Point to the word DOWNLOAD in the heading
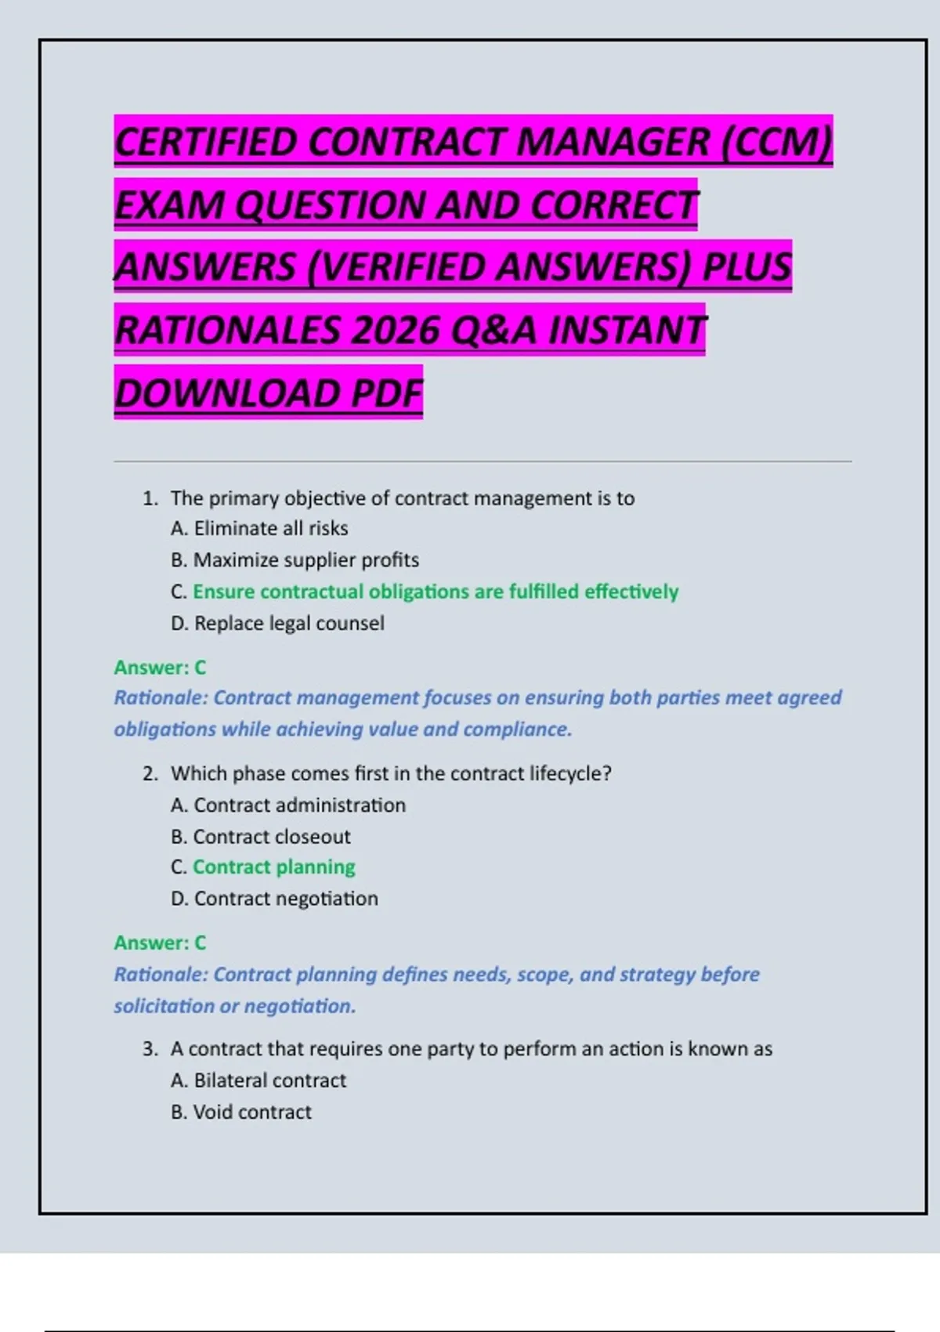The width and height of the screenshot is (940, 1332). pyautogui.click(x=226, y=393)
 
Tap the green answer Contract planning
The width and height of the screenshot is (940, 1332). pyautogui.click(x=273, y=867)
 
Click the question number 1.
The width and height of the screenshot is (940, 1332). pyautogui.click(x=150, y=498)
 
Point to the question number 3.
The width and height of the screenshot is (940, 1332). pyautogui.click(x=150, y=1049)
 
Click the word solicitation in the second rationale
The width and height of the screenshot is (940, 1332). pyautogui.click(x=164, y=1006)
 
